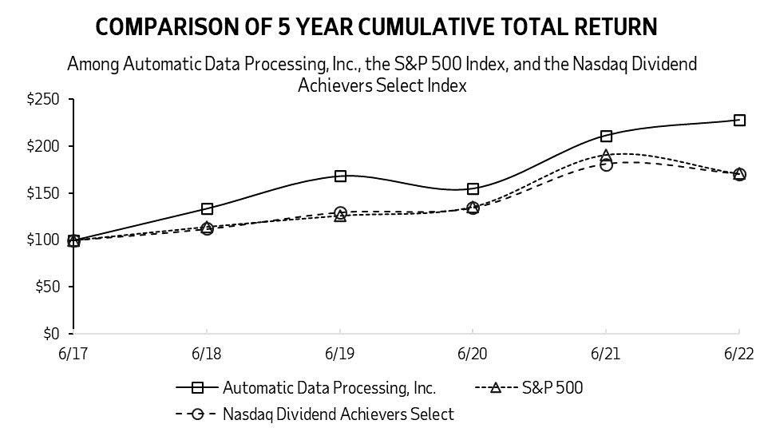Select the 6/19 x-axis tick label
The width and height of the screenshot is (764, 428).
tap(340, 352)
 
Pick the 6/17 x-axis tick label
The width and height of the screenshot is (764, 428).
tap(73, 352)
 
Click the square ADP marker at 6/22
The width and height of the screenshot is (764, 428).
tap(739, 120)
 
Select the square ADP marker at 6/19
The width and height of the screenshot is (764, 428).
tap(340, 176)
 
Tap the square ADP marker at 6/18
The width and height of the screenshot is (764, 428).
tap(207, 209)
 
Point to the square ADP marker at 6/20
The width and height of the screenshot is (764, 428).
tap(473, 188)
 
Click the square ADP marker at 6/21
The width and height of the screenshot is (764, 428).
tap(606, 136)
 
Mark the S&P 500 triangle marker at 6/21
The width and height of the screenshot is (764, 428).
tap(606, 155)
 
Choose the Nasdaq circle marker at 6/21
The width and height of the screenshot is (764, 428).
tap(606, 164)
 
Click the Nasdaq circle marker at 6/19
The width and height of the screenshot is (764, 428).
tap(340, 212)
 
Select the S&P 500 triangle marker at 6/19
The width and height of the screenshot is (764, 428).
tap(340, 216)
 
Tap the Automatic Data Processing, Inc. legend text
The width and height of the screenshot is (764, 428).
tap(329, 388)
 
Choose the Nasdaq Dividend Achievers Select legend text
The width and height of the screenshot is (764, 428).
tap(338, 414)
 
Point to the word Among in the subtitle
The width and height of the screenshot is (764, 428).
tap(93, 64)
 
